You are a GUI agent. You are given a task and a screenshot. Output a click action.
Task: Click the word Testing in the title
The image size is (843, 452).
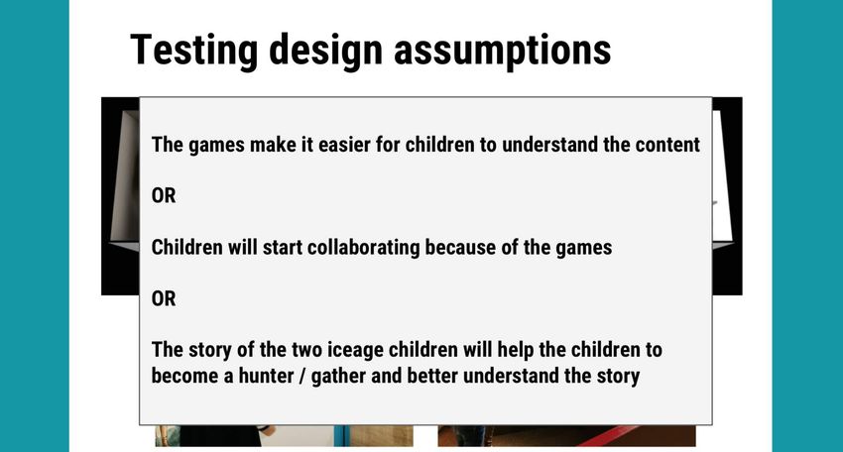pos(194,51)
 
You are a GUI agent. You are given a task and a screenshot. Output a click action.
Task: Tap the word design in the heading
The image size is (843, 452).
pos(326,51)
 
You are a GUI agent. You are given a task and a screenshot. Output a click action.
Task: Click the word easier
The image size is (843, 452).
pos(343,145)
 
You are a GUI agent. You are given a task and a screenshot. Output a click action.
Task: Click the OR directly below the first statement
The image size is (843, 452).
pos(164,195)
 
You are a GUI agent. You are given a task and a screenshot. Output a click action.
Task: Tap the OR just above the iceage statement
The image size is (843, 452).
pos(164,298)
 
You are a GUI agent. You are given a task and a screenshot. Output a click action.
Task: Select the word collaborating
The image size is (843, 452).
pos(363,248)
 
